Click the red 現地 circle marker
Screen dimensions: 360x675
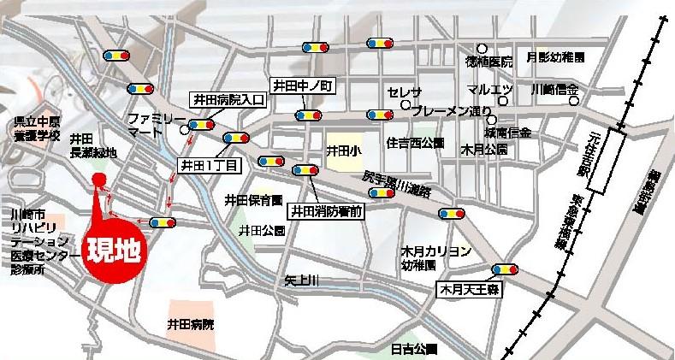pyautogui.click(x=114, y=254)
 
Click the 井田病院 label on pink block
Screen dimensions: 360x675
pyautogui.click(x=191, y=324)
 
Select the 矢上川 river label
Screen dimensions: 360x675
pyautogui.click(x=302, y=280)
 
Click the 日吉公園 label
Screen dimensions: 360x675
pyautogui.click(x=414, y=349)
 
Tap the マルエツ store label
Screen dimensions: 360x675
pyautogui.click(x=490, y=90)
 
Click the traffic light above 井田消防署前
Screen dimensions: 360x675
pyautogui.click(x=306, y=170)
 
